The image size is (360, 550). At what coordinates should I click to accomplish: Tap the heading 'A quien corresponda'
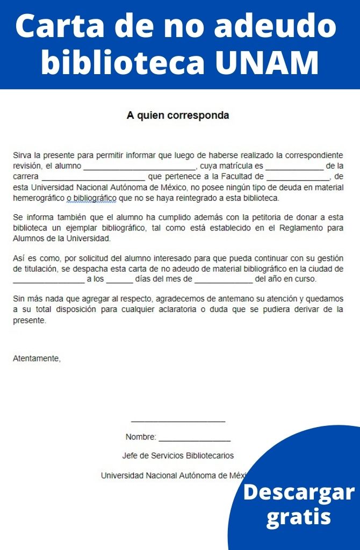tap(178, 115)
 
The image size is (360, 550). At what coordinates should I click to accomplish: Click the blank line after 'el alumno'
tap(140, 167)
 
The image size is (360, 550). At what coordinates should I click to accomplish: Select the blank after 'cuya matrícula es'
tap(294, 167)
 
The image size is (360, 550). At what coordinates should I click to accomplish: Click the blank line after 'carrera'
tap(93, 177)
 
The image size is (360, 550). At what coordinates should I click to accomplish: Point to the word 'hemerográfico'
tap(38, 198)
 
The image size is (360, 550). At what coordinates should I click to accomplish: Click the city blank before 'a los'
tap(48, 280)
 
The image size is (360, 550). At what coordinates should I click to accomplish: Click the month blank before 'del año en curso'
tap(223, 280)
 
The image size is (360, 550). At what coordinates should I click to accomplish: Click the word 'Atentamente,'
tap(37, 358)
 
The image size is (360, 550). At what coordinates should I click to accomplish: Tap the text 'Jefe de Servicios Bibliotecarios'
tap(178, 455)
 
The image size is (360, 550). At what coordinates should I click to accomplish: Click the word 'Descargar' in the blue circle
tap(299, 492)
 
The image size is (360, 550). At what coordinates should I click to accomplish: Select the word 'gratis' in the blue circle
tap(299, 517)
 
